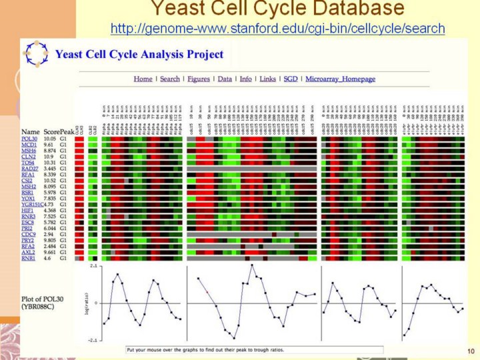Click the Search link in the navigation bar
(170, 79)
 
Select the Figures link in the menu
(198, 79)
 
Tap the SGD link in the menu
(291, 79)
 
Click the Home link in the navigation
(143, 79)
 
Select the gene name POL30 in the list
(30, 139)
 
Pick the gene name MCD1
(30, 146)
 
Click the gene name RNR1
(29, 258)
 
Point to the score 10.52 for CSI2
(50, 181)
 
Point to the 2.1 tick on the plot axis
(93, 266)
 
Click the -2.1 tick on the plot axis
(92, 340)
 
